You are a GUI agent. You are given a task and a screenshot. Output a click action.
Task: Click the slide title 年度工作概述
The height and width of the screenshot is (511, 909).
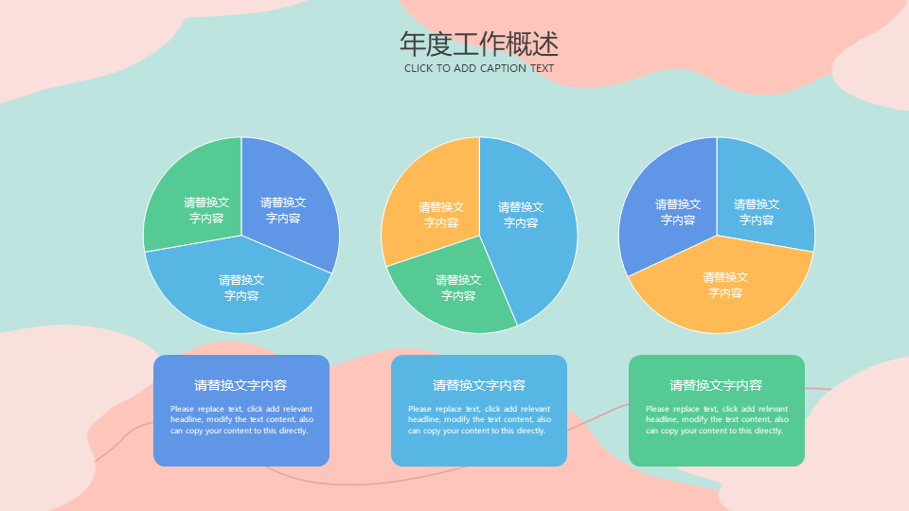click(479, 44)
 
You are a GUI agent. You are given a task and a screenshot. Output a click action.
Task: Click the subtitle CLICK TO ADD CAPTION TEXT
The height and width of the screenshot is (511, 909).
click(479, 68)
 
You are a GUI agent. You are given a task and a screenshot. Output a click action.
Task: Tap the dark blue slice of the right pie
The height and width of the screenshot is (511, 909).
click(672, 203)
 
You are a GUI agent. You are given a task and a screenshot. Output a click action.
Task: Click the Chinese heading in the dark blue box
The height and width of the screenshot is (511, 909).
click(241, 385)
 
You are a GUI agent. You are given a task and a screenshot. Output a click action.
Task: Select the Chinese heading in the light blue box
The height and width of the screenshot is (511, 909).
click(479, 385)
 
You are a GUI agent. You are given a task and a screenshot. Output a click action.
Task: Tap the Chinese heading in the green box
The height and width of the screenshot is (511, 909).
click(716, 385)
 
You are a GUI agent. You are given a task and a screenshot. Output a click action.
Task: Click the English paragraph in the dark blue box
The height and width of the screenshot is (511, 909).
click(241, 419)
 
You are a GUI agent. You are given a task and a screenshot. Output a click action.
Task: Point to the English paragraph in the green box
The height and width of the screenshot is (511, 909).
click(717, 419)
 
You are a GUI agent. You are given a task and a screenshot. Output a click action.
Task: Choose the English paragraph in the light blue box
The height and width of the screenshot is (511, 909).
click(479, 419)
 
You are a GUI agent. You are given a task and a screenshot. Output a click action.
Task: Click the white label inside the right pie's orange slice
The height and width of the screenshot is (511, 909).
click(725, 285)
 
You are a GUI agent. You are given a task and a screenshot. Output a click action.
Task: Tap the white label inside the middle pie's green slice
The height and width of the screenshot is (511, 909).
click(458, 288)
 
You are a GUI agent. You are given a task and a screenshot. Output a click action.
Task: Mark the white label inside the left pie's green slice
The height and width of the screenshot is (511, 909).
click(206, 210)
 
